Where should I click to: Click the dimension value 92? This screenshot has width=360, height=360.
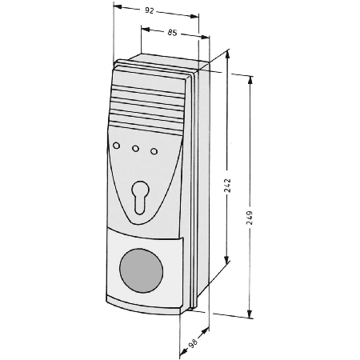[150, 10]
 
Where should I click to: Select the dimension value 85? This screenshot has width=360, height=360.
[172, 33]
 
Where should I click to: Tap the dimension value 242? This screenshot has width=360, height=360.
[227, 186]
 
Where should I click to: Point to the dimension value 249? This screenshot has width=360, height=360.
[250, 218]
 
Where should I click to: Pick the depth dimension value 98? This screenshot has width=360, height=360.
[193, 342]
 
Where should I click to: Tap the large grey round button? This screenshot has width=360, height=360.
[141, 270]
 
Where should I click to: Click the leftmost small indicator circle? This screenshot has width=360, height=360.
[116, 146]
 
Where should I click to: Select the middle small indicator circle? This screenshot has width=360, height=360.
[135, 149]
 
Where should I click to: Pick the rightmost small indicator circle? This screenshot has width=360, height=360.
[154, 151]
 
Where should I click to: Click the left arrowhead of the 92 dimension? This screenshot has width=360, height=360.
[118, 6]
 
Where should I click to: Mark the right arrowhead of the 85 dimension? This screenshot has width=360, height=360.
[205, 37]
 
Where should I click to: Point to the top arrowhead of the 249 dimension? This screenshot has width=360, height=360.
[250, 81]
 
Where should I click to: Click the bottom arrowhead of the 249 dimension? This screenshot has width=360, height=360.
[250, 314]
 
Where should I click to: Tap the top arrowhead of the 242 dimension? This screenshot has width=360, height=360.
[227, 55]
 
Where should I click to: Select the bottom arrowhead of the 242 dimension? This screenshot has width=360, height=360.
[226, 259]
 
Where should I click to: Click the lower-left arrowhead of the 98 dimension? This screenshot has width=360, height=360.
[183, 353]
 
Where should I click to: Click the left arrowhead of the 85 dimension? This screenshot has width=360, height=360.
[146, 29]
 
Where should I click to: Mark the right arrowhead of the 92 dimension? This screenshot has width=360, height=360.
[194, 16]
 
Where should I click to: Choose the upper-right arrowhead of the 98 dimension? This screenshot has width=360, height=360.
[205, 331]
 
